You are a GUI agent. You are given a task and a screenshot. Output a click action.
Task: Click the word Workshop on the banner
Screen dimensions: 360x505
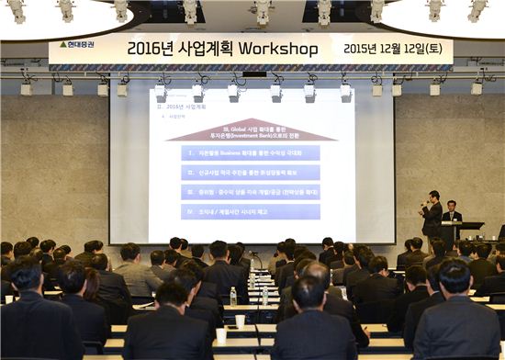277,49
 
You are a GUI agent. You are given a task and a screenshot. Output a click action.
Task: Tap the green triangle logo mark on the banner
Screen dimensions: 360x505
62,44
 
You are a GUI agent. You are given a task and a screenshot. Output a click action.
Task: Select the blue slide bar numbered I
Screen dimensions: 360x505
250,152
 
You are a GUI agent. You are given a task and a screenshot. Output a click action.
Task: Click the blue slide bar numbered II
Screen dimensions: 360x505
250,173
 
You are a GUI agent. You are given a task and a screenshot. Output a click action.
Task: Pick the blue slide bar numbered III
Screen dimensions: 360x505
250,193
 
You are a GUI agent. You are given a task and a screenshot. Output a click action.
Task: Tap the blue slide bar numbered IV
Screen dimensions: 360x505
250,212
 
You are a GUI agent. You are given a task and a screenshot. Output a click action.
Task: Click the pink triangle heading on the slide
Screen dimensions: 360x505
251,131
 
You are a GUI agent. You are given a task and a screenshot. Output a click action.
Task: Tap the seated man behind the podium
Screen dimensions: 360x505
451,213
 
